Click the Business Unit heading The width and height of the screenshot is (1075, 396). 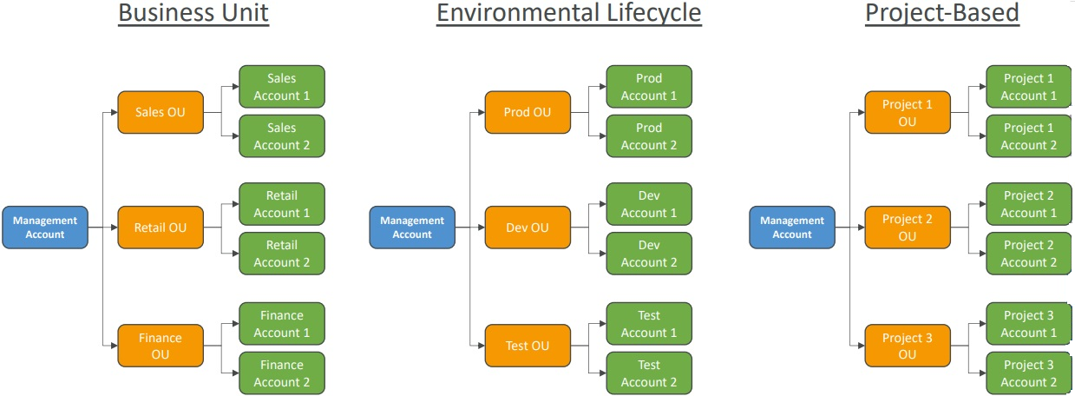pyautogui.click(x=193, y=13)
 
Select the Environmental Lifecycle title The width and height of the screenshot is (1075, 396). pyautogui.click(x=568, y=13)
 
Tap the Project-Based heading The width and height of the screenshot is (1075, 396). pyautogui.click(x=942, y=13)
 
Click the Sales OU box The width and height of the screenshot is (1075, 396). pyautogui.click(x=161, y=112)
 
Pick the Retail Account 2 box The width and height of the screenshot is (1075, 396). pyautogui.click(x=282, y=254)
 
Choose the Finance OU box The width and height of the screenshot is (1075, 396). pyautogui.click(x=161, y=346)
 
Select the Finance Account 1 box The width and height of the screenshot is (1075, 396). pyautogui.click(x=282, y=324)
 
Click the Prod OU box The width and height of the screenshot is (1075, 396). pyautogui.click(x=528, y=112)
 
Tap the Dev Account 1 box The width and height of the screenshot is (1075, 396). pyautogui.click(x=649, y=204)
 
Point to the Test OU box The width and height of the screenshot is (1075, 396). pyautogui.click(x=528, y=346)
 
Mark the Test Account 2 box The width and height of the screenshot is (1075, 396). pyautogui.click(x=649, y=373)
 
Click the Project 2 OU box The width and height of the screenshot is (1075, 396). pyautogui.click(x=908, y=228)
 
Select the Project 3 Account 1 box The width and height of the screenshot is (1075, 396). pyautogui.click(x=1028, y=324)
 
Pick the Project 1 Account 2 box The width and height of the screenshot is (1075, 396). pyautogui.click(x=1028, y=136)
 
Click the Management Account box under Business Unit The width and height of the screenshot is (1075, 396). pyautogui.click(x=45, y=228)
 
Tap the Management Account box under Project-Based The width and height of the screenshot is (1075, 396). pyautogui.click(x=792, y=228)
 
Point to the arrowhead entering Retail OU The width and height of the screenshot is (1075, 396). pyautogui.click(x=115, y=228)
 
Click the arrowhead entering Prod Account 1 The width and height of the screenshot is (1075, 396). pyautogui.click(x=603, y=87)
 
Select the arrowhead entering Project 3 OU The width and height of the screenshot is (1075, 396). pyautogui.click(x=862, y=346)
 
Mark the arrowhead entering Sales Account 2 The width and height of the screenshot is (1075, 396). pyautogui.click(x=236, y=136)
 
